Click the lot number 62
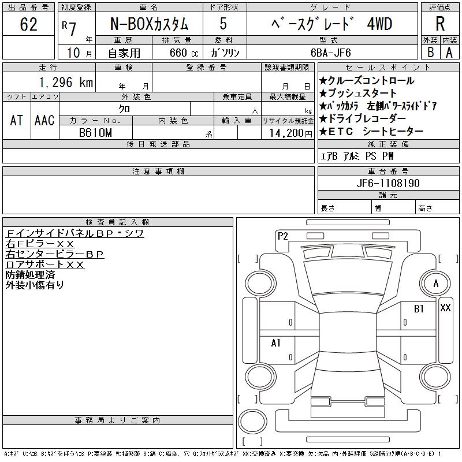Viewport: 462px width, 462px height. [28, 24]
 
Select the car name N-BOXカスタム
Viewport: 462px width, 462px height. [149, 24]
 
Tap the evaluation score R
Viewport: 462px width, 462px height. [440, 24]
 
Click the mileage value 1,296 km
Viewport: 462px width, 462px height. [66, 82]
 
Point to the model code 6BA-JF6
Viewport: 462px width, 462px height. [330, 53]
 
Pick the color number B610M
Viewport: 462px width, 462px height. [95, 133]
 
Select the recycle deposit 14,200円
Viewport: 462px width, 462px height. [290, 133]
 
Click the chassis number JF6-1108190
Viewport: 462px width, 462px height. [388, 183]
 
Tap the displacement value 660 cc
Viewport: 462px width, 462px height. [184, 53]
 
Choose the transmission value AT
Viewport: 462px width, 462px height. [17, 120]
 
